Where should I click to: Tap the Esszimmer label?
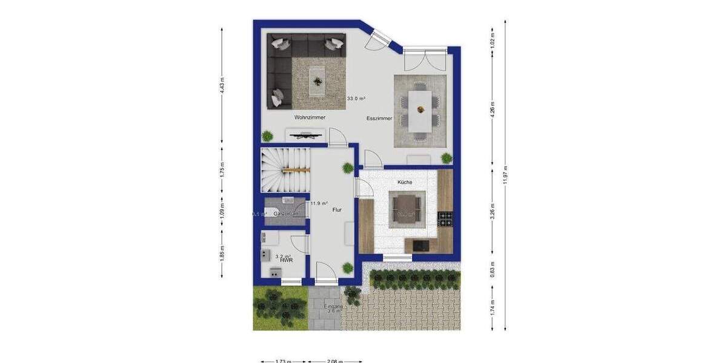(x=379, y=119)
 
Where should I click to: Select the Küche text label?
(x=405, y=182)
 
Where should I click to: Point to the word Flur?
(x=337, y=210)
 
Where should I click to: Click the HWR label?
(x=287, y=260)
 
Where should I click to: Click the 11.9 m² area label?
(x=319, y=204)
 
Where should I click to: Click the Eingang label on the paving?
(x=333, y=307)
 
